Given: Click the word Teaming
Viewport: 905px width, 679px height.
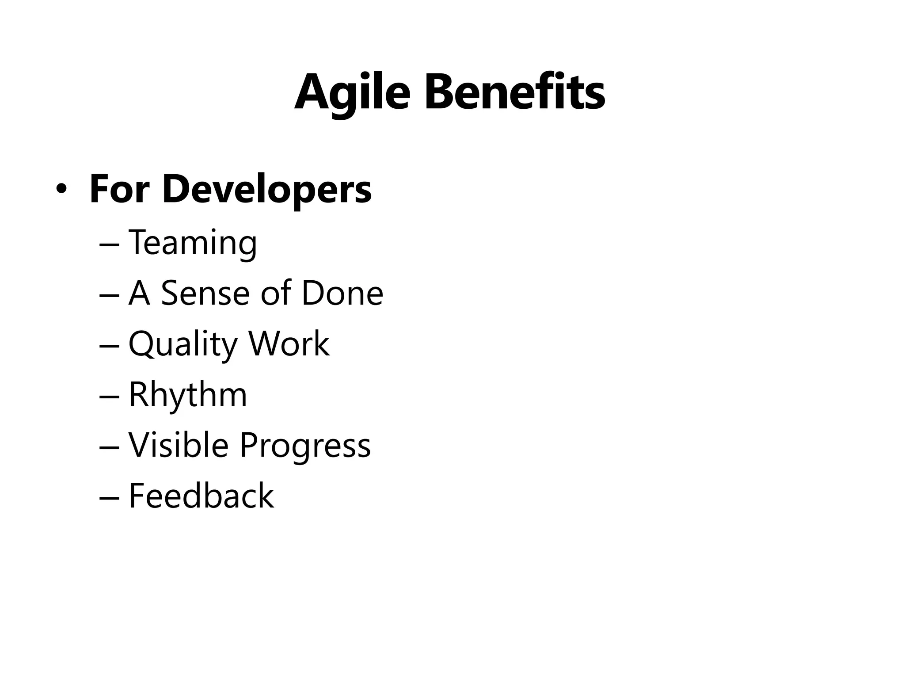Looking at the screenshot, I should (192, 243).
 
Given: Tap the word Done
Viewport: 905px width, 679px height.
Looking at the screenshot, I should (342, 293).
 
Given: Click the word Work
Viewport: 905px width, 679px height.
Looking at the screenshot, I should (289, 343).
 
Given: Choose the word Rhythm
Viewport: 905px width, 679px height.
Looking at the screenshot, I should (188, 394).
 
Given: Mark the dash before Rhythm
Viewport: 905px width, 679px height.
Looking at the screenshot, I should (109, 396).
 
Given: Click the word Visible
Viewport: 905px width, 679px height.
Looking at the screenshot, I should (179, 445).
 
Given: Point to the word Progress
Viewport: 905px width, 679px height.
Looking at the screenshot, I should (305, 446).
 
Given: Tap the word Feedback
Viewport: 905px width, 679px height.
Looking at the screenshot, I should (201, 496).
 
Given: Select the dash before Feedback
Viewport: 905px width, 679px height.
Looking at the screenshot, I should (109, 497).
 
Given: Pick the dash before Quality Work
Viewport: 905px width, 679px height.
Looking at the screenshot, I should (109, 345).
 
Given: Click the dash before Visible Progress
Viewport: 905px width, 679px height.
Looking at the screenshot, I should (109, 446).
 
